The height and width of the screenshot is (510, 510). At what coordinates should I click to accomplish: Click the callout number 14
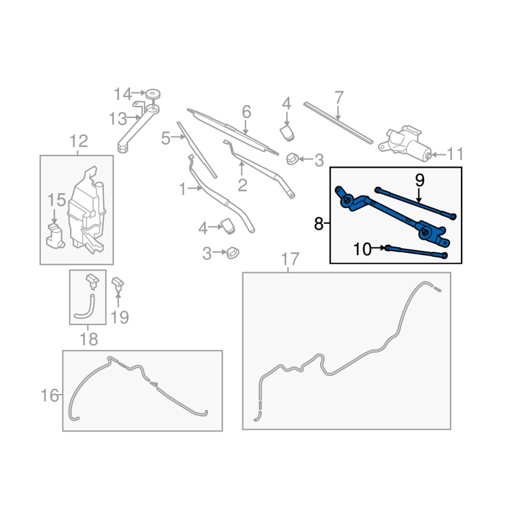(x=122, y=94)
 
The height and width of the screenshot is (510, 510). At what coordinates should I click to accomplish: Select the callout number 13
(x=118, y=119)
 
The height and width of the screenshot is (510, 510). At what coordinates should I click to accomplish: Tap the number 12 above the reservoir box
(x=78, y=141)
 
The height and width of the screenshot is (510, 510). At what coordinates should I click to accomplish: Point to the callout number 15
(x=57, y=200)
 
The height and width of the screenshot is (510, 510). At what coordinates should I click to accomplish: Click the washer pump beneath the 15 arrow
(x=55, y=236)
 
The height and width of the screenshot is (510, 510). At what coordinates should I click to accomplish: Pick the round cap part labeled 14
(x=152, y=94)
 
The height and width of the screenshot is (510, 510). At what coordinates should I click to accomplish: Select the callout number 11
(x=455, y=154)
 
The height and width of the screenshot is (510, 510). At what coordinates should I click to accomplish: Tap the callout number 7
(x=339, y=98)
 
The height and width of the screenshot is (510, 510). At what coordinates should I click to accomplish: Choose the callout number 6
(x=247, y=112)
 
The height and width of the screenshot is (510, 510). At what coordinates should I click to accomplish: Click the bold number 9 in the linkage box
(x=419, y=180)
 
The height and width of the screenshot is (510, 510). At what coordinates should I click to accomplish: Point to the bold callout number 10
(x=362, y=249)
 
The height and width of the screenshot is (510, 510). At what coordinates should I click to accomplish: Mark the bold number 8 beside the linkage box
(x=319, y=224)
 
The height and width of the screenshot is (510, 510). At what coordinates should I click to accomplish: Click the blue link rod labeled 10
(x=416, y=252)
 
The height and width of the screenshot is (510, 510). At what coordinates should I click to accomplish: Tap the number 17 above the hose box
(x=289, y=259)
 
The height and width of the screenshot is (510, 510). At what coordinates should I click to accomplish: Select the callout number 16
(x=50, y=395)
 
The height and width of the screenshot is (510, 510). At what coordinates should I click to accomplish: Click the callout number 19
(x=120, y=317)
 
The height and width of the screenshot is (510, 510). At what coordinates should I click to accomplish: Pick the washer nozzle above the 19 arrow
(x=118, y=284)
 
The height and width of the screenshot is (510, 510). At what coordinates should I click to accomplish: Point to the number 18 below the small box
(x=89, y=339)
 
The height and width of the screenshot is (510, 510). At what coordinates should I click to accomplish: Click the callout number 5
(x=166, y=138)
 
